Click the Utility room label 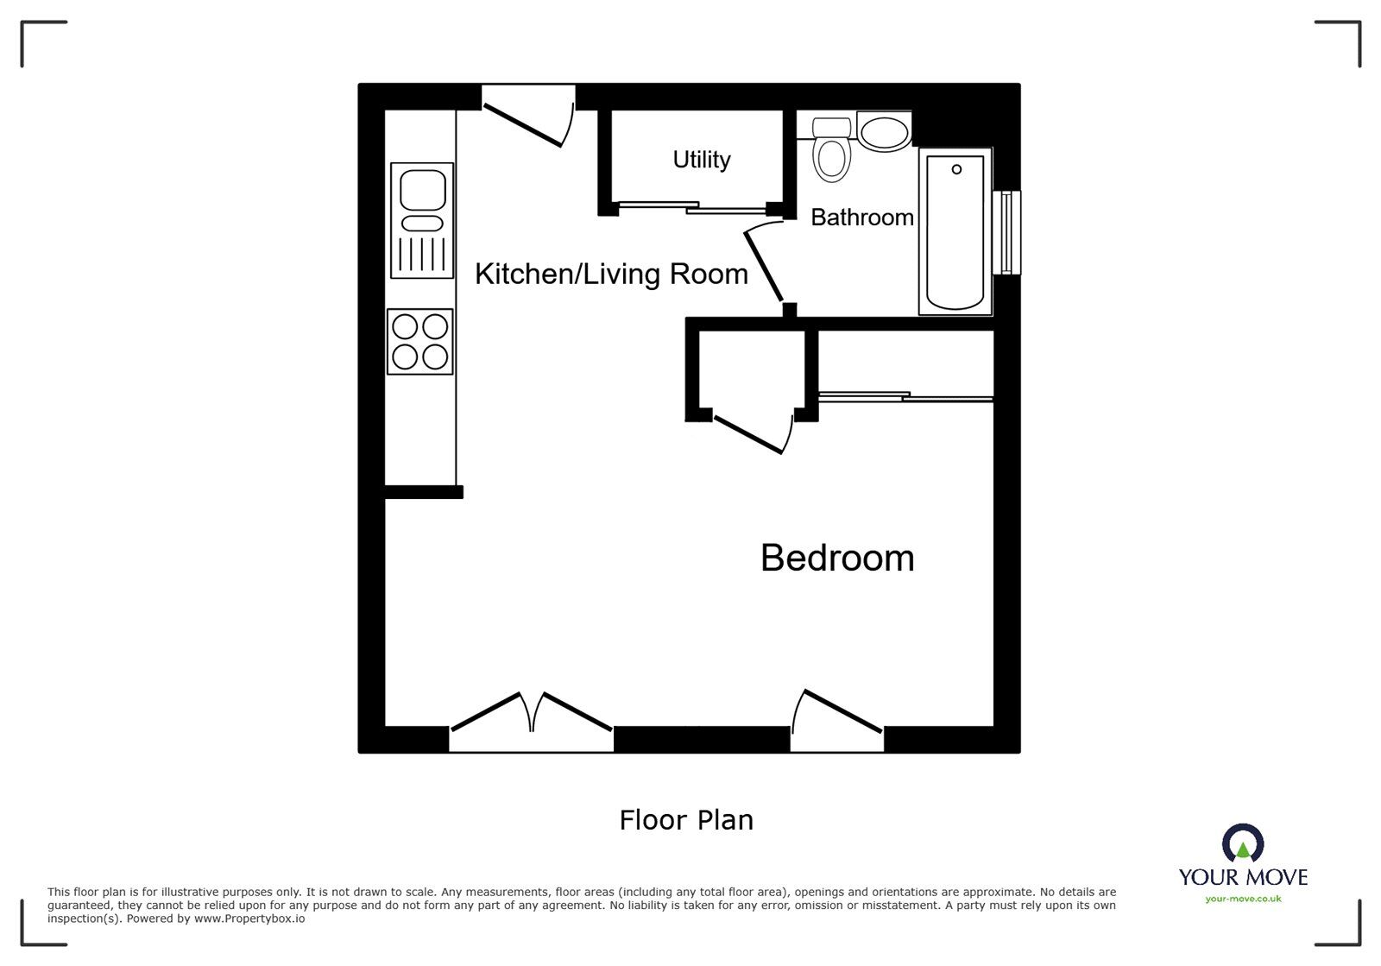702,161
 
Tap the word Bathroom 862,218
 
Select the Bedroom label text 837,558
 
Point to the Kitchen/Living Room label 612,275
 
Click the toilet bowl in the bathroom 832,160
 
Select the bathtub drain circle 956,169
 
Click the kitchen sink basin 423,190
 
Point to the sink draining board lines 422,254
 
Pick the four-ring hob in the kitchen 419,342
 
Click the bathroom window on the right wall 1006,232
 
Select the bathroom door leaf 764,266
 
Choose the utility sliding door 694,208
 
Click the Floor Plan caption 686,820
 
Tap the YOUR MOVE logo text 1243,877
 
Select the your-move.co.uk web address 1243,899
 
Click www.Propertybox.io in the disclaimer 249,919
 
